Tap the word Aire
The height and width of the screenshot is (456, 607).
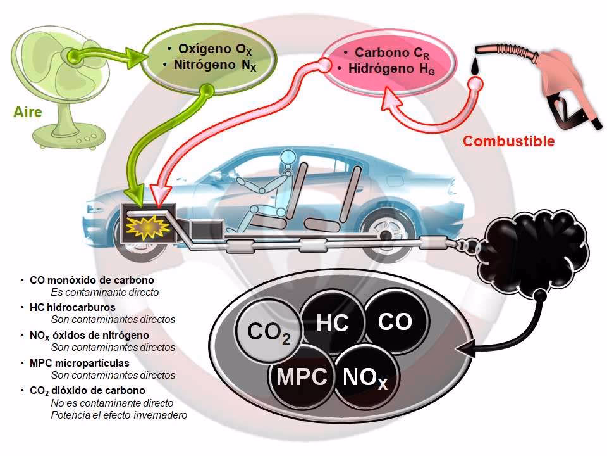point(28,113)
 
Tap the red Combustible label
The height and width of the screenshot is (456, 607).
point(508,141)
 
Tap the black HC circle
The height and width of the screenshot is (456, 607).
point(333,323)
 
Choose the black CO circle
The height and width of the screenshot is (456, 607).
point(395,322)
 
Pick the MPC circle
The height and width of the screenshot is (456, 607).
point(302,376)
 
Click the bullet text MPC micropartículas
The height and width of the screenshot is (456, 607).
point(79,363)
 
